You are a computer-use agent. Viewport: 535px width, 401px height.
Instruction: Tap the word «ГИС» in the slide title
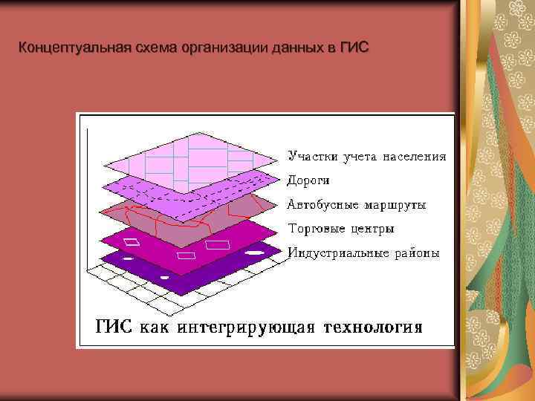(x=353, y=49)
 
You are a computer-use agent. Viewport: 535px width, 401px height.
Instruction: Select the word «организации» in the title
(x=225, y=49)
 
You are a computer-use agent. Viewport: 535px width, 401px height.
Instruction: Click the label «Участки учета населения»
(x=367, y=157)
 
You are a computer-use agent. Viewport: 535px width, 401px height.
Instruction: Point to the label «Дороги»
(x=308, y=180)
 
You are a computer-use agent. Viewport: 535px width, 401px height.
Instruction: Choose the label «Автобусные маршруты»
(x=357, y=204)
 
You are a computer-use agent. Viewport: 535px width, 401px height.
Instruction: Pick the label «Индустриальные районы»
(x=363, y=253)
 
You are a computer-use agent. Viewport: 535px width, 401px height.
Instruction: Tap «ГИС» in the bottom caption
(x=115, y=327)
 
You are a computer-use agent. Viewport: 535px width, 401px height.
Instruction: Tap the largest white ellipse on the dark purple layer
(x=255, y=253)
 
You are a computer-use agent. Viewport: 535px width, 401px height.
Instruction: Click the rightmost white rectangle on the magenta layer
(x=218, y=244)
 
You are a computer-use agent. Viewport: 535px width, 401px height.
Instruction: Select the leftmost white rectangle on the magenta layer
(x=132, y=241)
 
